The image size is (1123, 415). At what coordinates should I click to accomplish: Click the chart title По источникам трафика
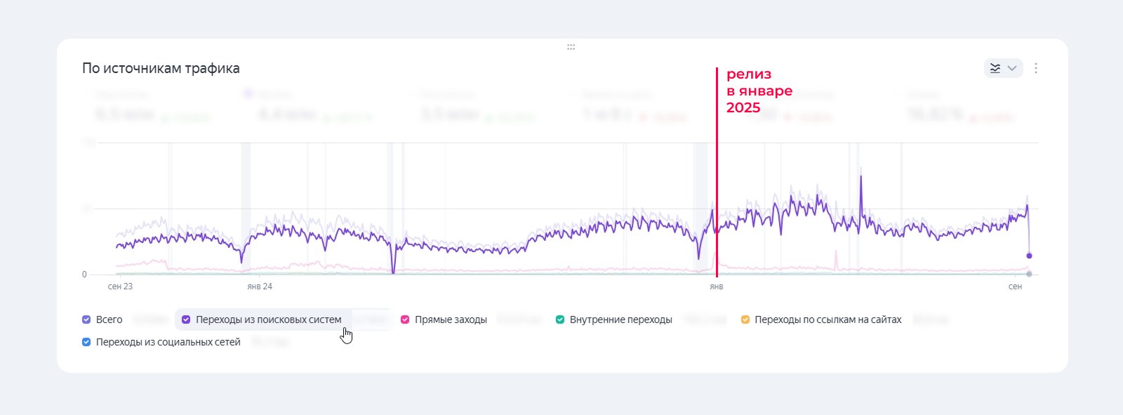[x=161, y=68]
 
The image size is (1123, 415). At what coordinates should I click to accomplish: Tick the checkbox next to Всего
[x=86, y=320]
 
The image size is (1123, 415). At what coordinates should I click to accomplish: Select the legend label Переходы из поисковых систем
[x=268, y=320]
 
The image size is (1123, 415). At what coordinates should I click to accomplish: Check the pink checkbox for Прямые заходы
[x=405, y=320]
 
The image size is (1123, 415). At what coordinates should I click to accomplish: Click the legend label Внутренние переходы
[x=620, y=320]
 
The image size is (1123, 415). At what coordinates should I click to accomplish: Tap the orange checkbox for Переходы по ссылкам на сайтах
[x=745, y=320]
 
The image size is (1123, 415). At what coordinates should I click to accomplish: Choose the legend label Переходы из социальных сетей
[x=168, y=342]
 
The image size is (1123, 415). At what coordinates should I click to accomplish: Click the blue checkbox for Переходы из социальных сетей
[x=86, y=342]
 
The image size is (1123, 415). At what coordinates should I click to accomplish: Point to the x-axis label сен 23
[x=120, y=286]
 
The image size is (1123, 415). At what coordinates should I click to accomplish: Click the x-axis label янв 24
[x=260, y=286]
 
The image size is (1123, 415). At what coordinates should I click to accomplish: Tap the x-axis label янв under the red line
[x=716, y=286]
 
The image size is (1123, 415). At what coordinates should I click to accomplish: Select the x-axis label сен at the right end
[x=1015, y=286]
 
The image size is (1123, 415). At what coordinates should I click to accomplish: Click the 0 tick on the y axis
[x=84, y=275]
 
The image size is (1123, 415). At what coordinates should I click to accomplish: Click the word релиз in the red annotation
[x=749, y=74]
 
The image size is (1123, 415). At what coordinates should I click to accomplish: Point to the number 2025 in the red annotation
[x=743, y=107]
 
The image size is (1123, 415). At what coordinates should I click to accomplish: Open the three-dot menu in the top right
[x=1036, y=68]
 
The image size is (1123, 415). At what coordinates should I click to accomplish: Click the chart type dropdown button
[x=1003, y=68]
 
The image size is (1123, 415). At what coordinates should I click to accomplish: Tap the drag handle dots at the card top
[x=571, y=47]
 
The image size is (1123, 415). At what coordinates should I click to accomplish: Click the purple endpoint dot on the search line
[x=1029, y=256]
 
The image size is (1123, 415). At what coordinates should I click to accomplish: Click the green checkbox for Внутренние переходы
[x=560, y=320]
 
